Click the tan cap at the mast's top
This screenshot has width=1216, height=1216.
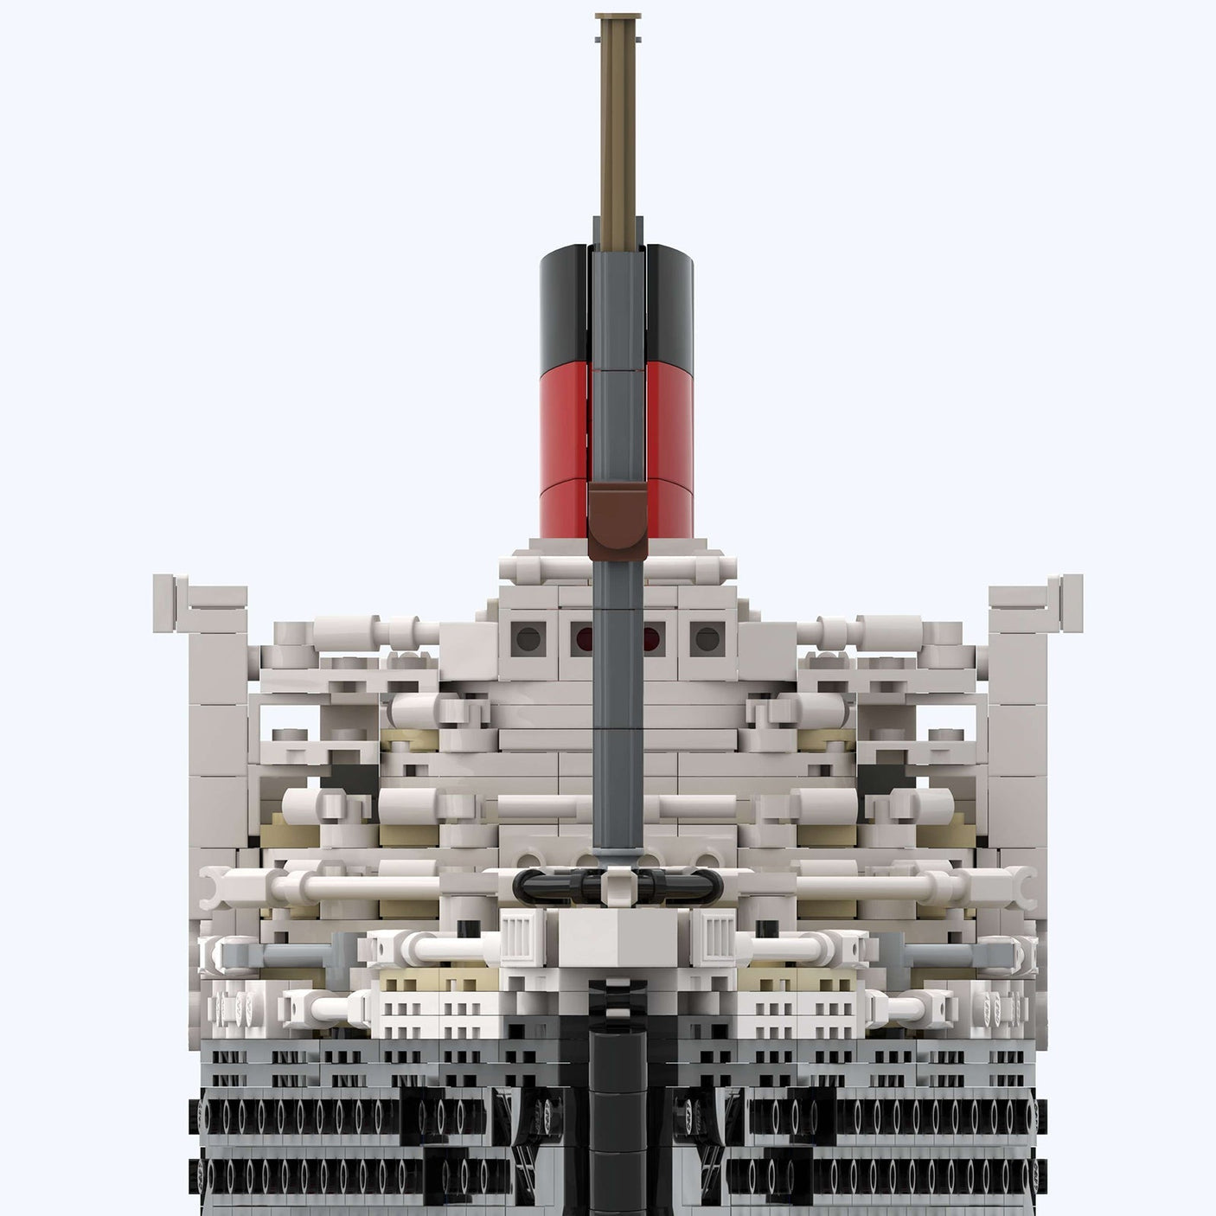coord(618,17)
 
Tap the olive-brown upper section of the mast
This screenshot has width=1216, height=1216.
coord(618,130)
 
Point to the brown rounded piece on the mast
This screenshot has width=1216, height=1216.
coord(617,519)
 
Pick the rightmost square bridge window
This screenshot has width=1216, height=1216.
coord(707,639)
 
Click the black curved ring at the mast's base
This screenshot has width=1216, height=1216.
coord(617,885)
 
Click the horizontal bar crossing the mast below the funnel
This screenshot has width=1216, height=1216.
coord(617,571)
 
